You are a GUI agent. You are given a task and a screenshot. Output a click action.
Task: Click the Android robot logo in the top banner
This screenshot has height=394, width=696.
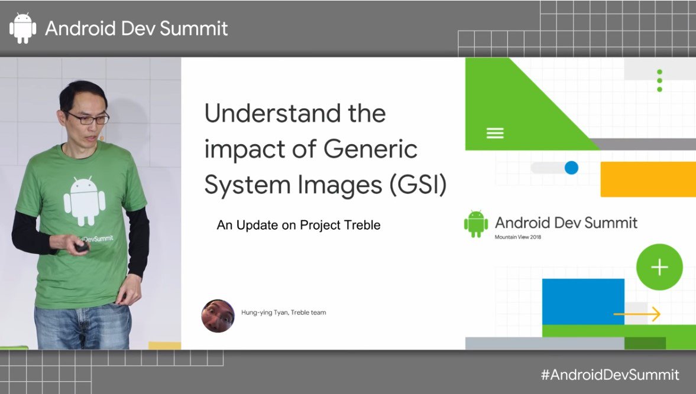click(x=23, y=28)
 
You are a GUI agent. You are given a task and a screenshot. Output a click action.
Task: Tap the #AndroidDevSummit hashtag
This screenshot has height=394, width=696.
click(x=610, y=375)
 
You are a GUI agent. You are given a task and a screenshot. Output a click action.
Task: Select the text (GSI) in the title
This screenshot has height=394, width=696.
click(x=418, y=185)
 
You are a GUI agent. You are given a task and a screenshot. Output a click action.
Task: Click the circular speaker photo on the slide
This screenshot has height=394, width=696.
click(x=218, y=315)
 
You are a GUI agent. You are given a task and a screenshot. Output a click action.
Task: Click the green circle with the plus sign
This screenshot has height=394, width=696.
click(x=659, y=267)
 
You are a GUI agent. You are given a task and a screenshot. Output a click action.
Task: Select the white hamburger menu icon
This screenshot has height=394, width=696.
click(x=495, y=133)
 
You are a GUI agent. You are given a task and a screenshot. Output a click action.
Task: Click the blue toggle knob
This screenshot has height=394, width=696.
click(x=571, y=168)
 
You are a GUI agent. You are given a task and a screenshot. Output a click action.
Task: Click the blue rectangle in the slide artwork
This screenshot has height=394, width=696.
click(x=583, y=301)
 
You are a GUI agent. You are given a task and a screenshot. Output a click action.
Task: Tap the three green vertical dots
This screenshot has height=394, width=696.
click(x=659, y=81)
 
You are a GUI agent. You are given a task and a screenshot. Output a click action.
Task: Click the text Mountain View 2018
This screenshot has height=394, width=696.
click(x=517, y=237)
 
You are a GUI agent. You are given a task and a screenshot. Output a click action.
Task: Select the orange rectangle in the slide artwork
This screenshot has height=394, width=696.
click(x=648, y=179)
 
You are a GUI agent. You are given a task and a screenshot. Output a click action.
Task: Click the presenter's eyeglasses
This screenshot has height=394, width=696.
click(x=89, y=118)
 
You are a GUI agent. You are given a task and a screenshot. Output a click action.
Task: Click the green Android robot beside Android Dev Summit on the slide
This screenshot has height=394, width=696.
click(x=476, y=224)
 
